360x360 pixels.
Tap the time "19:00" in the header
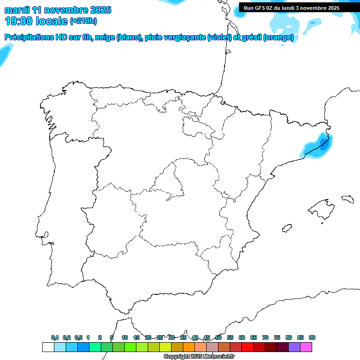coord(19,21)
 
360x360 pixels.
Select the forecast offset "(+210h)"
coord(83,21)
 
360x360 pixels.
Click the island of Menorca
coord(347,199)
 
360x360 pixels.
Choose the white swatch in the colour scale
coord(48,347)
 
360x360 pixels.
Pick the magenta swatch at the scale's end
coord(306,347)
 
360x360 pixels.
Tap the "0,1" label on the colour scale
coord(55,337)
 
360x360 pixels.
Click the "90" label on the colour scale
coord(312,337)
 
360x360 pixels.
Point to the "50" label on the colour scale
coord(218,337)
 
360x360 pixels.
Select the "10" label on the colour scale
coord(125,337)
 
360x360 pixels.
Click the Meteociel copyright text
coord(199,356)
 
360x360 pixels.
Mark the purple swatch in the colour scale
coord(294,347)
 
